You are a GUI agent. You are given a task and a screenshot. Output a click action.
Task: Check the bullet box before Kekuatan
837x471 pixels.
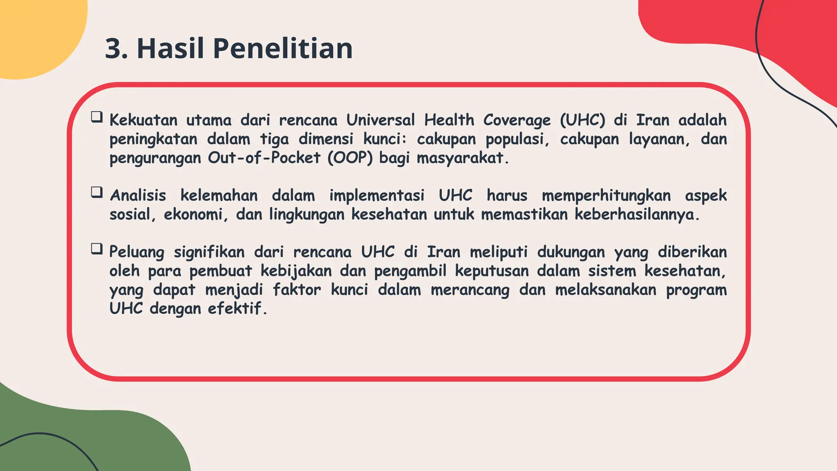click(97, 117)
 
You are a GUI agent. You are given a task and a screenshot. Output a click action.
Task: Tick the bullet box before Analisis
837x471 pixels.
click(97, 192)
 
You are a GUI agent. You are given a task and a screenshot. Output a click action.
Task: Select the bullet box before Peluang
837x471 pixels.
click(97, 249)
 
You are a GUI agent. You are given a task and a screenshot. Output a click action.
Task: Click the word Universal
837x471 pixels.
click(380, 120)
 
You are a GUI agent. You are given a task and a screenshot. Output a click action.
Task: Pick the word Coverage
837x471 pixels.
click(517, 121)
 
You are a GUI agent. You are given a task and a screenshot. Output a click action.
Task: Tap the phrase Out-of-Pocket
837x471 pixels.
click(264, 158)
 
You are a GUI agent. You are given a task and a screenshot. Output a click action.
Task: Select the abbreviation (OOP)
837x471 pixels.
click(350, 158)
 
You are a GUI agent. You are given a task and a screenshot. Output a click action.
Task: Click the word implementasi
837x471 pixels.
click(377, 195)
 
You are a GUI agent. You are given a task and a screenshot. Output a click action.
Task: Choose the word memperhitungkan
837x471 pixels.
click(606, 195)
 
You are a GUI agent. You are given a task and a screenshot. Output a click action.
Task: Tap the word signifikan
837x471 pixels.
click(209, 252)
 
